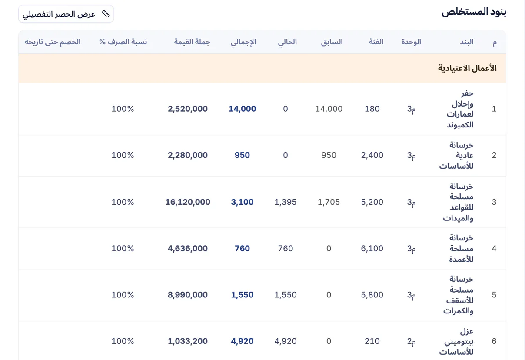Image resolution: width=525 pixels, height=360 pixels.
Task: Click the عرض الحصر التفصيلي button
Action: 66,14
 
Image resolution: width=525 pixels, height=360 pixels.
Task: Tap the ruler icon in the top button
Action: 106,14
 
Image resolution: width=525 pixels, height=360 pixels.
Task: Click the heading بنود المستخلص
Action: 474,12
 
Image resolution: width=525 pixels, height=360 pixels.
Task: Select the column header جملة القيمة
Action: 192,42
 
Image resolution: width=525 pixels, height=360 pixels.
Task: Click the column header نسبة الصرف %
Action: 123,42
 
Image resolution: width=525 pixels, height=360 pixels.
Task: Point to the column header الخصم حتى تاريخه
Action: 53,42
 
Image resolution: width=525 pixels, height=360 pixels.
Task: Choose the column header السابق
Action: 332,42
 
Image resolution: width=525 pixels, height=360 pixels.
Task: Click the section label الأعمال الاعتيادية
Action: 467,68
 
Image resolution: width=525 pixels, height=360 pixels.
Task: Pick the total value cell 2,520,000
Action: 188,109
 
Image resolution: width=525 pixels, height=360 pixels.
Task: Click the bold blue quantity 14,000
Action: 243,109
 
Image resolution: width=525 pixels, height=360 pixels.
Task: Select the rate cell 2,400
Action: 372,155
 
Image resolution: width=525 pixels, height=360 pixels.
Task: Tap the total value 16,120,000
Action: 188,202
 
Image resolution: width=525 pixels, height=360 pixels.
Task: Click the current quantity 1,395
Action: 286,202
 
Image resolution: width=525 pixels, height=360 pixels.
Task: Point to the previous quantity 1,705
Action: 329,202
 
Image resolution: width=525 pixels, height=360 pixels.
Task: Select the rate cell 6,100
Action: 372,248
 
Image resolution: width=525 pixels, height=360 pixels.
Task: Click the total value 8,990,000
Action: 188,295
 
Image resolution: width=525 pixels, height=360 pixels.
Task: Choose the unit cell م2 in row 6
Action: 411,341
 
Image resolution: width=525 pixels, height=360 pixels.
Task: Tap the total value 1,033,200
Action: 188,341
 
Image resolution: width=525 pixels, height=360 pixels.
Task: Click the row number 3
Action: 494,202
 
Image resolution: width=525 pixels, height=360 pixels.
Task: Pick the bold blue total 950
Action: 243,155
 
